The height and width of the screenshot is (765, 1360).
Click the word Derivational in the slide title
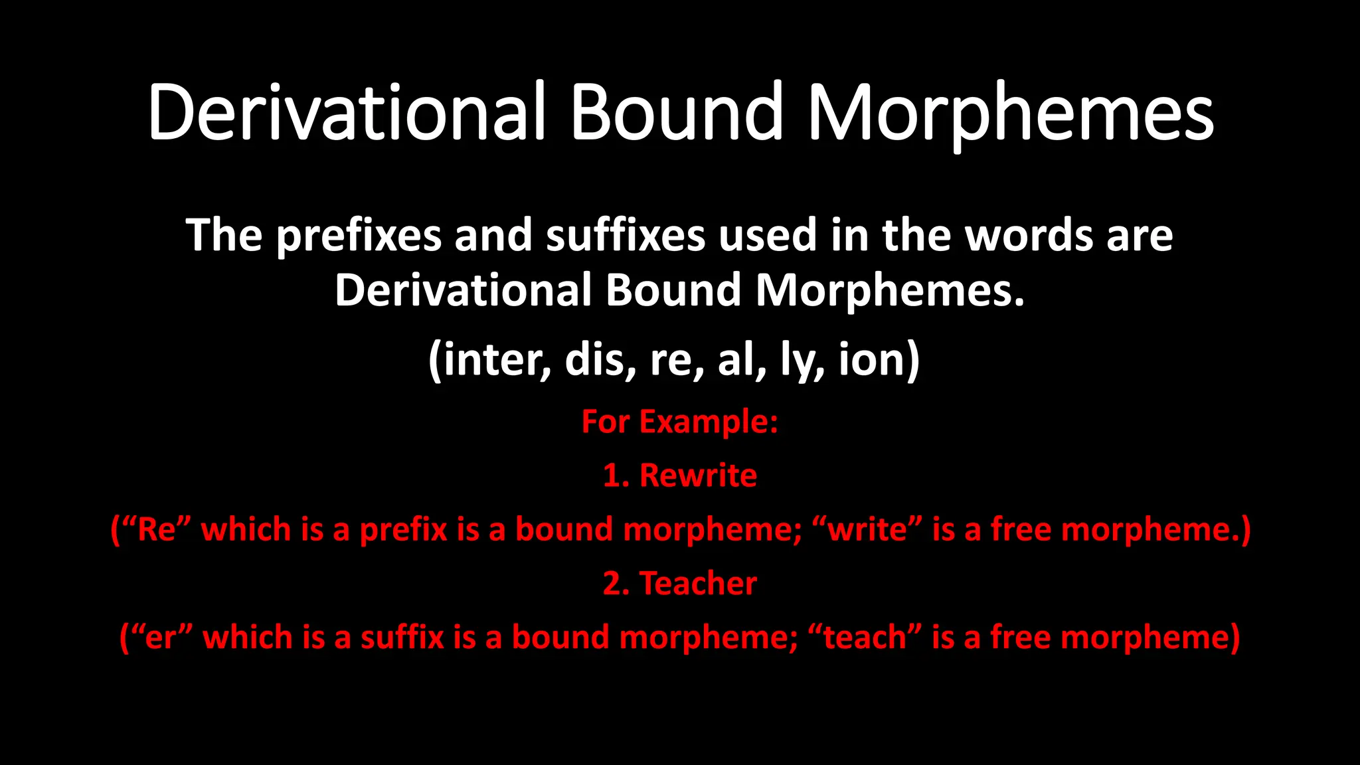[346, 113]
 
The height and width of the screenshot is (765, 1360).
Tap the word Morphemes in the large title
[1010, 113]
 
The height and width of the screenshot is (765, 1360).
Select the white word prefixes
[359, 236]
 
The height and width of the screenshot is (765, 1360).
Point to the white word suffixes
[626, 236]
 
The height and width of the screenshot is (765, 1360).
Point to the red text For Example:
[679, 422]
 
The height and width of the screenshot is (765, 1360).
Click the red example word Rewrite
[698, 475]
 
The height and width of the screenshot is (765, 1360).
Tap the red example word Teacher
[698, 584]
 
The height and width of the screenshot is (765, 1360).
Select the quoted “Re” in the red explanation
[157, 529]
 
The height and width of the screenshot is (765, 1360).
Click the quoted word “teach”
[865, 637]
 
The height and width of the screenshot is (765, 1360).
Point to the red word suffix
[402, 637]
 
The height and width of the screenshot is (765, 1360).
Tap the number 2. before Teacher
[616, 584]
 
